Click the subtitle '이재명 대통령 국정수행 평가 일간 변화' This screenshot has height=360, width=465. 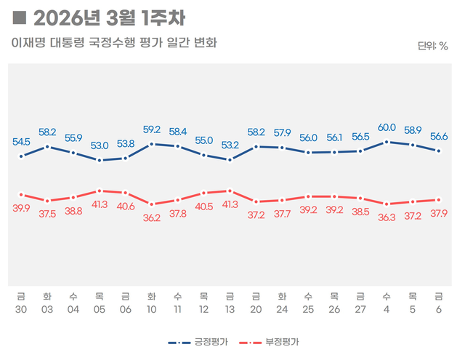[114, 43]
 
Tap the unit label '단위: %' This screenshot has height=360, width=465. [433, 47]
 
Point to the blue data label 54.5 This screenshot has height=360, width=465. [21, 141]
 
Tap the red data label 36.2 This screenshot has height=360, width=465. [152, 217]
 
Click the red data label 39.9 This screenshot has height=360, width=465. [21, 209]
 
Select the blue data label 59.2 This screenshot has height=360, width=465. [152, 131]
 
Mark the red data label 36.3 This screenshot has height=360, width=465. [387, 217]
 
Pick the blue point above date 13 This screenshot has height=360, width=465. [230, 160]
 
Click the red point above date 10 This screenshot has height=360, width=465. [152, 204]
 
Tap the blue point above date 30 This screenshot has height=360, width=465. [21, 156]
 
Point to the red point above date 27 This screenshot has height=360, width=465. [360, 198]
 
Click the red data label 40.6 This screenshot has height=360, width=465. [126, 206]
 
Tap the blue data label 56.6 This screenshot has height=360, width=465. [438, 136]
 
